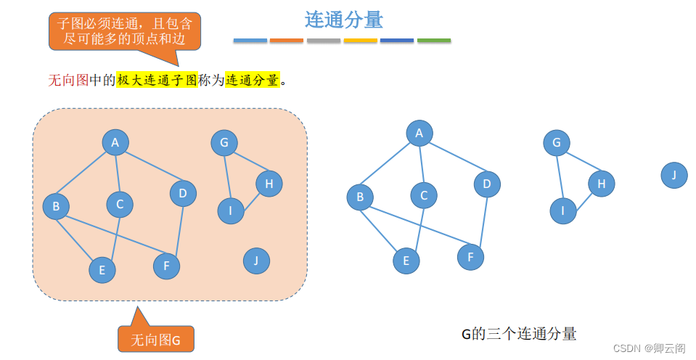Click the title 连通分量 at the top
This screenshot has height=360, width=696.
coord(343,20)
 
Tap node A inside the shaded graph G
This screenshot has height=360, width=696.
coord(115,142)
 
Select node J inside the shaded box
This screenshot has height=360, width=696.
coord(256,261)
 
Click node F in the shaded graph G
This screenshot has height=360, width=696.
coord(166,266)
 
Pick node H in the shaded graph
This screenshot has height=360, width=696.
coord(269,184)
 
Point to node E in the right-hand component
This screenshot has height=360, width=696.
coord(406,261)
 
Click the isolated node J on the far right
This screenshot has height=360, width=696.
coord(674,175)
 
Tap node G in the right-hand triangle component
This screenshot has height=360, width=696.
coord(557,142)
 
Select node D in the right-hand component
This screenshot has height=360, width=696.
coord(487,184)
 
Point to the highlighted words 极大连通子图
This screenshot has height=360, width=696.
coord(157,81)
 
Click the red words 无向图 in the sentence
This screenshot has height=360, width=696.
coord(67,81)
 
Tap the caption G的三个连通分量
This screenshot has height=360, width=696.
coord(519,334)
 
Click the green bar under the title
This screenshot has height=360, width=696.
coord(434,41)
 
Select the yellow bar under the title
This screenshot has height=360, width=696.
coord(360,41)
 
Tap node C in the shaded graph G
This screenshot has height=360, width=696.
coord(120,204)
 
